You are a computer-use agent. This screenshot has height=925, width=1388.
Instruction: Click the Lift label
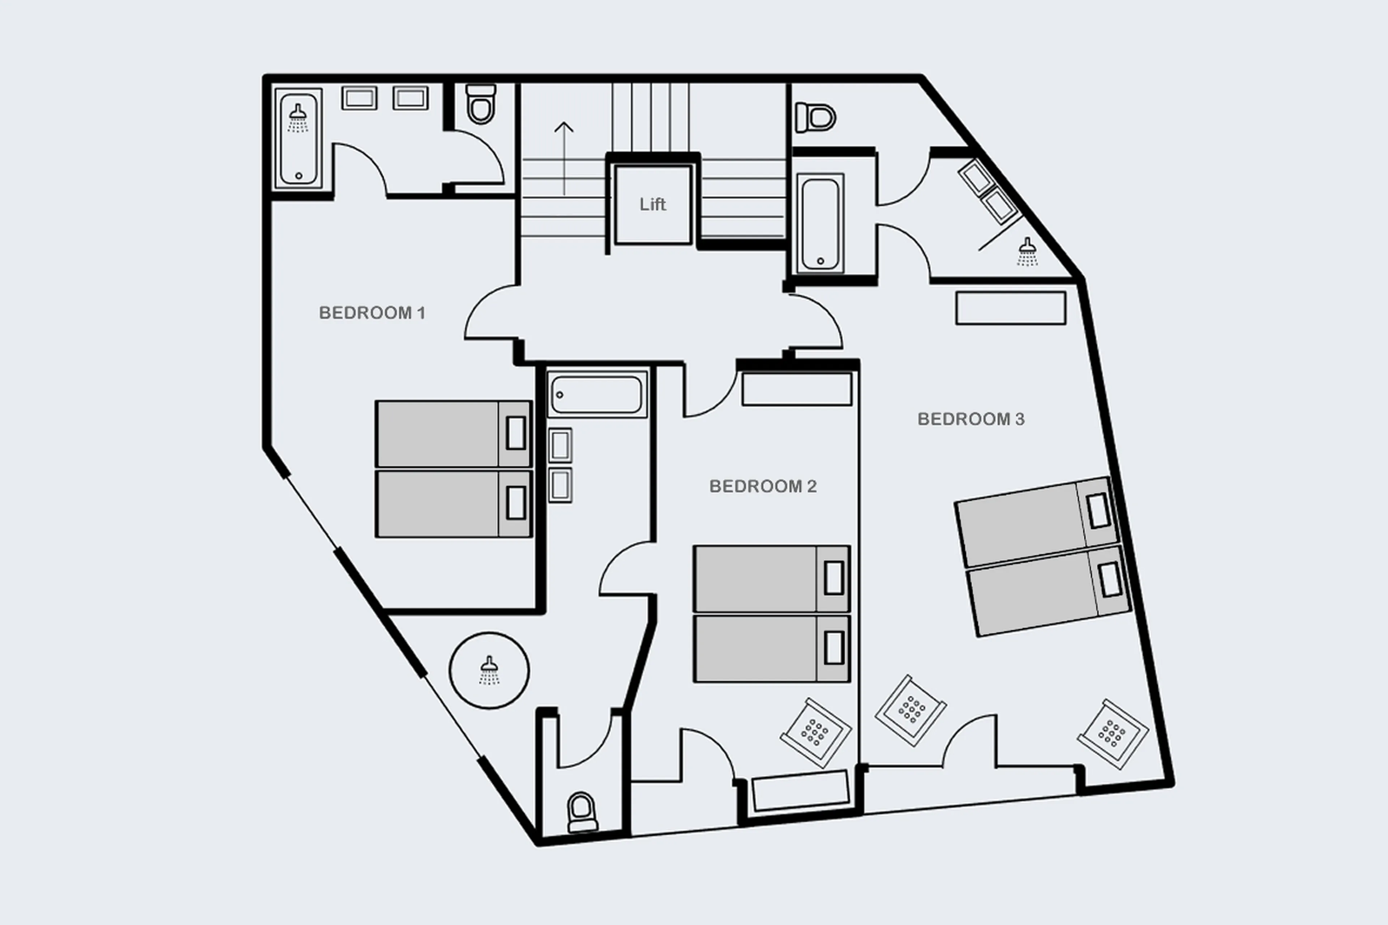point(652,204)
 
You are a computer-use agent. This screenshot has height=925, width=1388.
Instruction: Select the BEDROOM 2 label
point(763,486)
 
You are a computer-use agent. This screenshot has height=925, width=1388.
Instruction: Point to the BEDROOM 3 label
point(971,419)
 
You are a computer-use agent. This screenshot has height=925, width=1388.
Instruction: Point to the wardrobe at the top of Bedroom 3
point(1011,308)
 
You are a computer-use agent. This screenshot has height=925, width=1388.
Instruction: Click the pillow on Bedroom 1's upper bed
point(515,433)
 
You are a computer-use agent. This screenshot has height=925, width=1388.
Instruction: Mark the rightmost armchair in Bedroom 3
point(1113,733)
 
